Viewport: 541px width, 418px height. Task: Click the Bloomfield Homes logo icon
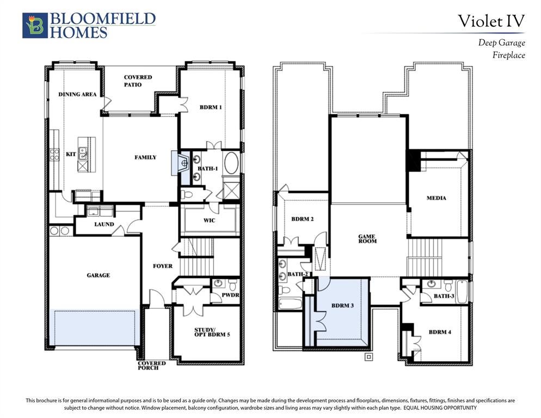tap(35, 25)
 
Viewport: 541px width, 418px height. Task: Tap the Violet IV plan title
tap(491, 21)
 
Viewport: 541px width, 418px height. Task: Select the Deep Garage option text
tap(501, 43)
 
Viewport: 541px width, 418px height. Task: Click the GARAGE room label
tap(99, 275)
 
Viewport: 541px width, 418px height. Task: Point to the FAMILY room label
tap(145, 157)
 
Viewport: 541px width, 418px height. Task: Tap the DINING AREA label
tap(77, 94)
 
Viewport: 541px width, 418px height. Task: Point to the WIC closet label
tap(210, 220)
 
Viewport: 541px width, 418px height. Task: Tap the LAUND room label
tap(104, 224)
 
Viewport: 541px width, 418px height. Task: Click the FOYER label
tap(163, 266)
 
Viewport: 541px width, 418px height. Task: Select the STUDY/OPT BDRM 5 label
tap(212, 332)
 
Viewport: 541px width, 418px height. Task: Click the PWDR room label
tap(230, 295)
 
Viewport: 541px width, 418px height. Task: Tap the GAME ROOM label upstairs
tap(367, 238)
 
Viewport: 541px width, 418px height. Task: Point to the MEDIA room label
tap(436, 198)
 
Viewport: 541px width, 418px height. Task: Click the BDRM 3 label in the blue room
tap(342, 305)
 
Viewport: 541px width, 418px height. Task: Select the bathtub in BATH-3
tap(462, 292)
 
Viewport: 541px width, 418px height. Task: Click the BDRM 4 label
tap(440, 332)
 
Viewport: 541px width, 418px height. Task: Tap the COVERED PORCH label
tap(152, 366)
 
